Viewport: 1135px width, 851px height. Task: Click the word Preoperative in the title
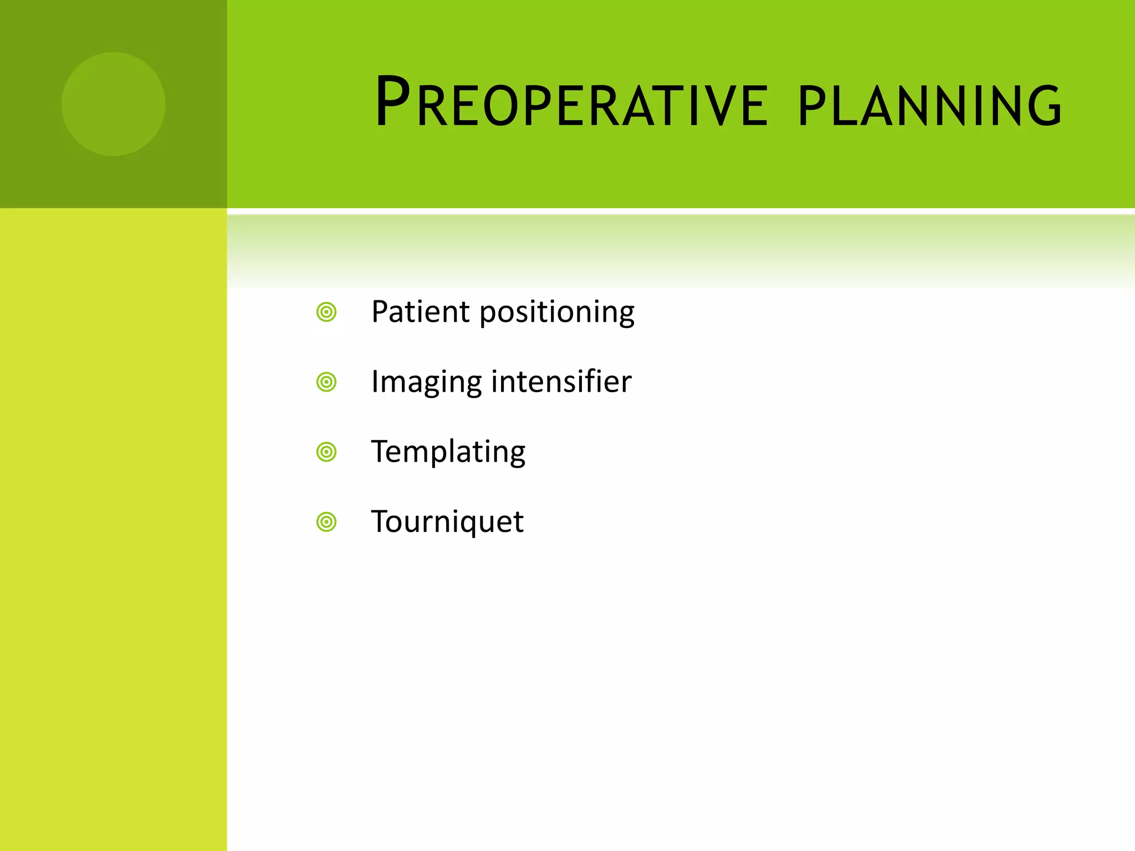tap(571, 102)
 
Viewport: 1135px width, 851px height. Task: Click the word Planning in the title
tap(930, 105)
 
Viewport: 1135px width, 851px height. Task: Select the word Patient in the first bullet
tap(420, 311)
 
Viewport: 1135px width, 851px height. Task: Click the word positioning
tap(557, 313)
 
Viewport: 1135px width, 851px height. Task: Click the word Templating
tap(448, 453)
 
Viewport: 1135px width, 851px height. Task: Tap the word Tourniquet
tap(447, 522)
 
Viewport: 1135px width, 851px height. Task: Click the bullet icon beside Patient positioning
tap(326, 312)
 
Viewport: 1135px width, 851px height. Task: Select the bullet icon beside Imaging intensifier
tap(326, 382)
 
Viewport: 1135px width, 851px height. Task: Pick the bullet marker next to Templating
tap(326, 452)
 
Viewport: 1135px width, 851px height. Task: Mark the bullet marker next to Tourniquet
tap(326, 522)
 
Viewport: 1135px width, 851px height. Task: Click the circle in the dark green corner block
tap(114, 104)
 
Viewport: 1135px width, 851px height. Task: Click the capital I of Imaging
tap(375, 381)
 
